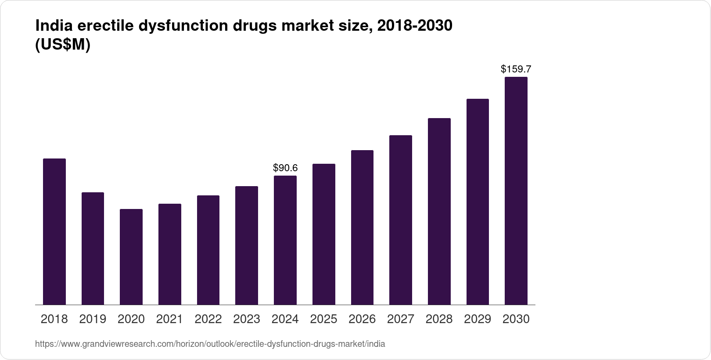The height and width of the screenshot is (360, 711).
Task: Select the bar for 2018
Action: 54,231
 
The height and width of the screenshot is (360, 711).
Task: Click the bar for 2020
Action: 131,257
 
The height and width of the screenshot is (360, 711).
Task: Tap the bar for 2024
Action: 285,240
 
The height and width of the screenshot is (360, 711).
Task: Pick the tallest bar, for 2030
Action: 516,191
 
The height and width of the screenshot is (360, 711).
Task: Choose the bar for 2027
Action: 401,220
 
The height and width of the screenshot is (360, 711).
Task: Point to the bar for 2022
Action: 208,250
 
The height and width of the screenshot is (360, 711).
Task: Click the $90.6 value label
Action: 285,168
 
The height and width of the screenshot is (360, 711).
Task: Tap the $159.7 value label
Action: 516,69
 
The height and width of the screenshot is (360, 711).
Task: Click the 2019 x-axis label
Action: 93,319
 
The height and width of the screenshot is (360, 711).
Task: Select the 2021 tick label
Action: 170,319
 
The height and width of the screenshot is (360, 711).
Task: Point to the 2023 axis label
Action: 247,319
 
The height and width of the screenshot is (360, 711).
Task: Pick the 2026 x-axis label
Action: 362,319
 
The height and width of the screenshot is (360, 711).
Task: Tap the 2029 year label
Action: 478,319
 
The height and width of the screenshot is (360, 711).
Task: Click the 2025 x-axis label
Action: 323,319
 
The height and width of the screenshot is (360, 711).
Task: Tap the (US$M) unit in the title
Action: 62,45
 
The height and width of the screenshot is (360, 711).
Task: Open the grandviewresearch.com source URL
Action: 210,344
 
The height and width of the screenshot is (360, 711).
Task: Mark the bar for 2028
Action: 439,211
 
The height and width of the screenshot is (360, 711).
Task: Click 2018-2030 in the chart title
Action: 415,26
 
